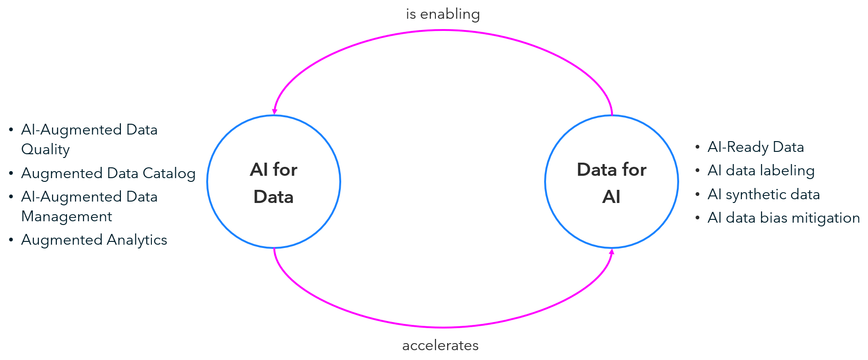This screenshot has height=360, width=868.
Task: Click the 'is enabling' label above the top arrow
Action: (x=443, y=15)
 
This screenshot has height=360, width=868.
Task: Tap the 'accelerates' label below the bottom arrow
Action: (x=440, y=345)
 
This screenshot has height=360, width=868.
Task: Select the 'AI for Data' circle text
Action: (x=274, y=182)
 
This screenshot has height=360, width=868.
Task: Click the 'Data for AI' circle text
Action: (x=611, y=182)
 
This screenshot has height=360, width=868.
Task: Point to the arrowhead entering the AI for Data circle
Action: (x=275, y=112)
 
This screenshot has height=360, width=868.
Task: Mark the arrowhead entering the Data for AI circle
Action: (x=611, y=252)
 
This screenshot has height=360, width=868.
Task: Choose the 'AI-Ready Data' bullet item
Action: (x=756, y=147)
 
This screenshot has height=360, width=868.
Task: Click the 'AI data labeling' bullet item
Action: (x=761, y=171)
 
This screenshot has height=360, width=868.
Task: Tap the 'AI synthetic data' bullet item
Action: (x=763, y=195)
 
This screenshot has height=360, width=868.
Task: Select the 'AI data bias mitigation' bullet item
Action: (x=783, y=218)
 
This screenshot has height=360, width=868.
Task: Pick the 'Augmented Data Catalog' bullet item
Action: (x=108, y=173)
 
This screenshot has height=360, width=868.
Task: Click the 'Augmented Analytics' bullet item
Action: (x=94, y=240)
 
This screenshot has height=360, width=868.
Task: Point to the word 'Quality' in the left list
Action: (x=45, y=150)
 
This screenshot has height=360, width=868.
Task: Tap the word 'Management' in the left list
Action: (x=67, y=217)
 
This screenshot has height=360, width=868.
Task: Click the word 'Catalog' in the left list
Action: (x=169, y=173)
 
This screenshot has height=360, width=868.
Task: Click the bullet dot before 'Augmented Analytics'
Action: (x=11, y=240)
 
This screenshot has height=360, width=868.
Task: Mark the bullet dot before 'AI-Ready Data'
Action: (x=697, y=147)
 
